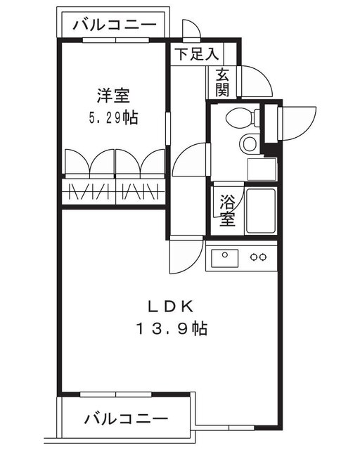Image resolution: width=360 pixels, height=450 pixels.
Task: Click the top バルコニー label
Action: pos(113,25)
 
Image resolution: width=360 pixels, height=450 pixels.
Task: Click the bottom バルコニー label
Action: pos(127,420)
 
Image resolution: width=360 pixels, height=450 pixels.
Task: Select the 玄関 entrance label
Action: pos(223,82)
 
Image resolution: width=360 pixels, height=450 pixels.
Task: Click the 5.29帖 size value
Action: pos(112,117)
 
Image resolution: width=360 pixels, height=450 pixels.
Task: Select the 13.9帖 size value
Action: pos(172,328)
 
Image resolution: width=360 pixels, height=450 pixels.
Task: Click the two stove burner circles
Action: pos(259,256)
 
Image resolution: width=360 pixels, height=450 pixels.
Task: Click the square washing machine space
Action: pos(262,169)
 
